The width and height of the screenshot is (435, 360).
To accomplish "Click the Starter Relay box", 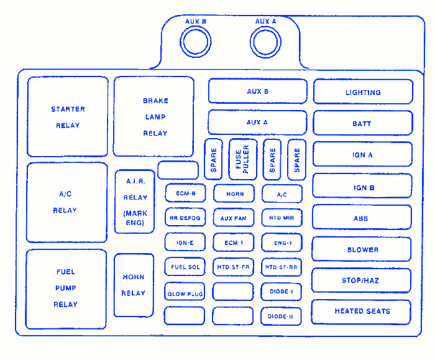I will [68, 117].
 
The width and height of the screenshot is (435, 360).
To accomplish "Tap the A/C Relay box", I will [66, 202].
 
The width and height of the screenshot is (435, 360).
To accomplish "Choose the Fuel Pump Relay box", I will [66, 288].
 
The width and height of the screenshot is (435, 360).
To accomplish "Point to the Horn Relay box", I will [134, 285].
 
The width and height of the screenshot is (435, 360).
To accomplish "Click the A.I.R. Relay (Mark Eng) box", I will [135, 201].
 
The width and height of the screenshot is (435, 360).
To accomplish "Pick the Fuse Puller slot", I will [242, 160].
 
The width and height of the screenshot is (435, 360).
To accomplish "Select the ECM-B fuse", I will [185, 193].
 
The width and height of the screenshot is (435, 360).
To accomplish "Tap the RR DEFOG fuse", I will [185, 218].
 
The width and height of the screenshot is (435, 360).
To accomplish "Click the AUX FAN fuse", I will [234, 218].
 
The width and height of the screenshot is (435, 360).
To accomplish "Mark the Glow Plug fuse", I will [185, 293].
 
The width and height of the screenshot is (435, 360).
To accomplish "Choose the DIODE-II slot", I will [282, 316].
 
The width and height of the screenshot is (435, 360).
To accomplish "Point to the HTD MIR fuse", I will [282, 218].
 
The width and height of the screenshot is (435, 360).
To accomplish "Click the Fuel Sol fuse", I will [185, 267].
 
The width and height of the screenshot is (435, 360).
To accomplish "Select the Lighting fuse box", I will [363, 92].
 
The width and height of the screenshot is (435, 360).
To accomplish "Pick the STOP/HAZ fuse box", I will [360, 280].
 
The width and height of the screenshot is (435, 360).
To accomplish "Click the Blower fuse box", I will [362, 249].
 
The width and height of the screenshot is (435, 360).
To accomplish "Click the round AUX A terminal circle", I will [267, 43].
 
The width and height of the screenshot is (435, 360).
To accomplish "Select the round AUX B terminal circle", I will [196, 43].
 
